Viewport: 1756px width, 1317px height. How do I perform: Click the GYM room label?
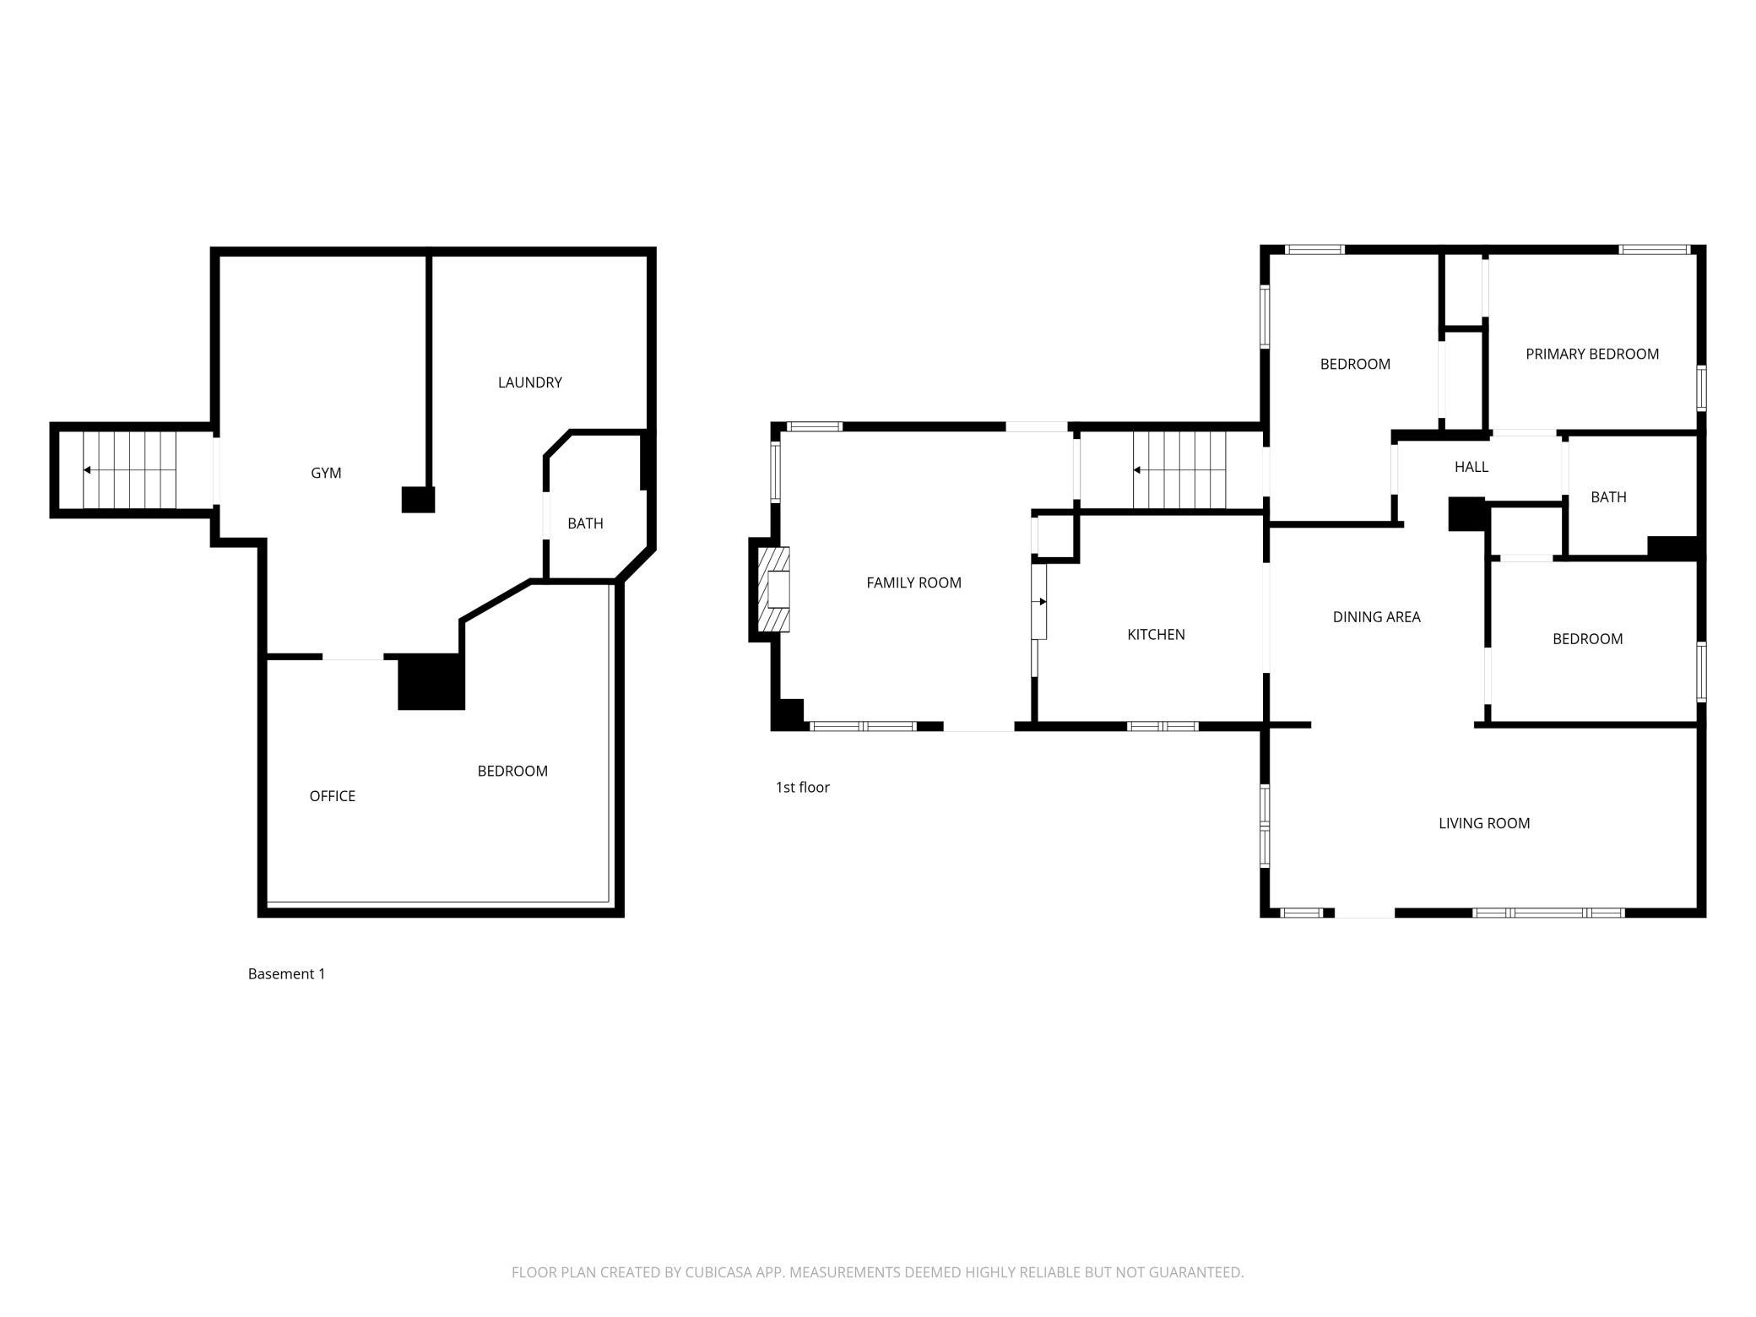[326, 473]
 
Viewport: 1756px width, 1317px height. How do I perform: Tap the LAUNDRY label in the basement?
[529, 382]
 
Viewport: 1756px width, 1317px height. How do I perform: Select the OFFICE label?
[332, 796]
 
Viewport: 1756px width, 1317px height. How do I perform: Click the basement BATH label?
[585, 523]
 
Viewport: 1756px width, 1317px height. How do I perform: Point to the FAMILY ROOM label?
[913, 583]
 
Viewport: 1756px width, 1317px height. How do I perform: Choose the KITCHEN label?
[1156, 634]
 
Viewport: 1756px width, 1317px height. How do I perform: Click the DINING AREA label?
[1376, 617]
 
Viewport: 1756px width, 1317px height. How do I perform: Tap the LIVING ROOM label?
[1484, 823]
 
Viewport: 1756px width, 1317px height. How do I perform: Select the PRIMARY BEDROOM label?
[1592, 355]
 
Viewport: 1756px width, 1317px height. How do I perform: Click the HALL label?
[1471, 467]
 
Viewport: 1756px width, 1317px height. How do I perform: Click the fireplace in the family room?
[773, 589]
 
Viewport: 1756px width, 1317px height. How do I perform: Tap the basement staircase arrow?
[129, 470]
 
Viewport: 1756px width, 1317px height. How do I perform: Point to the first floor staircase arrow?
[1179, 470]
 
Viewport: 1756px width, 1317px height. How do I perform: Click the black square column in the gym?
[418, 500]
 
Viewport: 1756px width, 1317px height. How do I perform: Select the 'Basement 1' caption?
[286, 974]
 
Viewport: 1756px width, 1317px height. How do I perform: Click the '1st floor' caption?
[802, 788]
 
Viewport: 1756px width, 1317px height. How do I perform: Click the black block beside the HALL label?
[1466, 514]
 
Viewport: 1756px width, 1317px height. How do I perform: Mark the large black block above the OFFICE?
[431, 682]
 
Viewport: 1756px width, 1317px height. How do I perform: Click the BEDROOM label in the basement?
[512, 771]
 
